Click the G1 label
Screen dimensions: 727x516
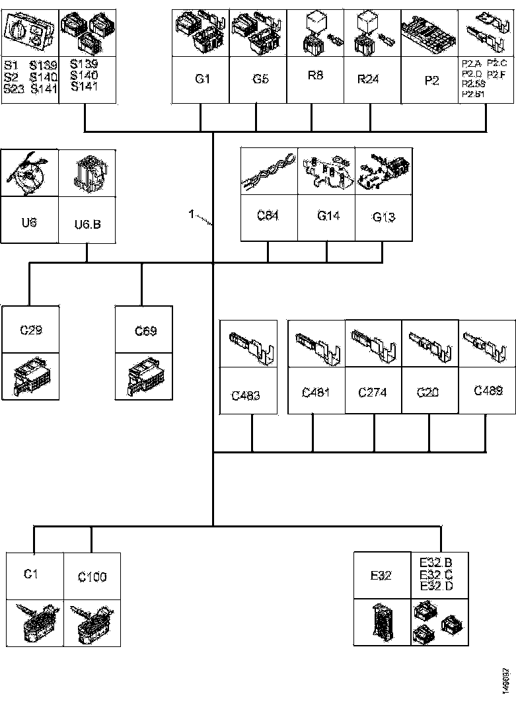point(202,79)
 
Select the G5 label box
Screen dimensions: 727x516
point(260,79)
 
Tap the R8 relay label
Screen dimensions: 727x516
point(315,75)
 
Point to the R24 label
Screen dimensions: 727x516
point(368,79)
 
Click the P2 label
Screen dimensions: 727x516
point(431,80)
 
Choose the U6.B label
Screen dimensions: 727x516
point(88,224)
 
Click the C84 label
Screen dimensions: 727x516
point(268,215)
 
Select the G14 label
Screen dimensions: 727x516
point(328,215)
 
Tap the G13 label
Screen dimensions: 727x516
point(384,217)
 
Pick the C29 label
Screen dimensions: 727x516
point(31,328)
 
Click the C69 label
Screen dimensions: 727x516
point(145,330)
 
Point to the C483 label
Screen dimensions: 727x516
point(246,396)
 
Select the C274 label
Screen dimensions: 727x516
point(373,393)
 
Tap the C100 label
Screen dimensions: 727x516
point(92,577)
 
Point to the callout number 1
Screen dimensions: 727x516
point(191,215)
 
